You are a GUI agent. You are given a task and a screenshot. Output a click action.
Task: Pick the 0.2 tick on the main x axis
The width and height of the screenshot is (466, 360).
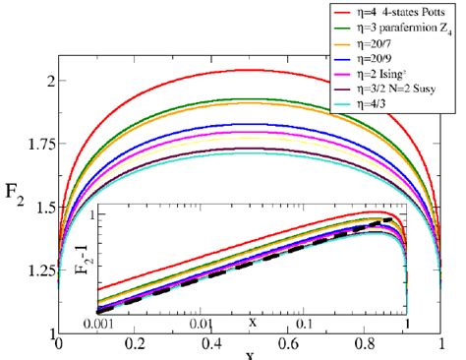pos(136,345)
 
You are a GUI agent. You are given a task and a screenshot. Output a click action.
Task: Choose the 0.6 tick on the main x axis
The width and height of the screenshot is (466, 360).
pos(289,345)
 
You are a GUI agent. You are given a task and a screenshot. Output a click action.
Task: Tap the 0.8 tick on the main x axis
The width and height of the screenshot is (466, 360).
pos(366,345)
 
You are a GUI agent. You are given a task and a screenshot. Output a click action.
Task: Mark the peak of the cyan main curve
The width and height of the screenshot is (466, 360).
pos(251,152)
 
